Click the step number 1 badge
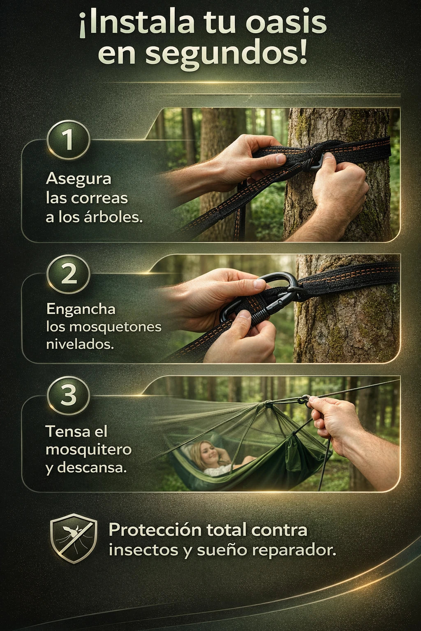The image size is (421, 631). pyautogui.click(x=69, y=140)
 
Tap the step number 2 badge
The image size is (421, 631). pyautogui.click(x=69, y=274)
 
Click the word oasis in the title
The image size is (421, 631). pyautogui.click(x=286, y=24)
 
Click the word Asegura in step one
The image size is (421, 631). pyautogui.click(x=79, y=180)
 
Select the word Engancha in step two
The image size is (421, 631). pyautogui.click(x=81, y=309)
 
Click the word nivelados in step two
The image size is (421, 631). pyautogui.click(x=80, y=344)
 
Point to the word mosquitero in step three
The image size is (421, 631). pyautogui.click(x=88, y=450)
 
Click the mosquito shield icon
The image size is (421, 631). pyautogui.click(x=74, y=538)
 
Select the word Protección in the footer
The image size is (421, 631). pyautogui.click(x=155, y=530)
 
